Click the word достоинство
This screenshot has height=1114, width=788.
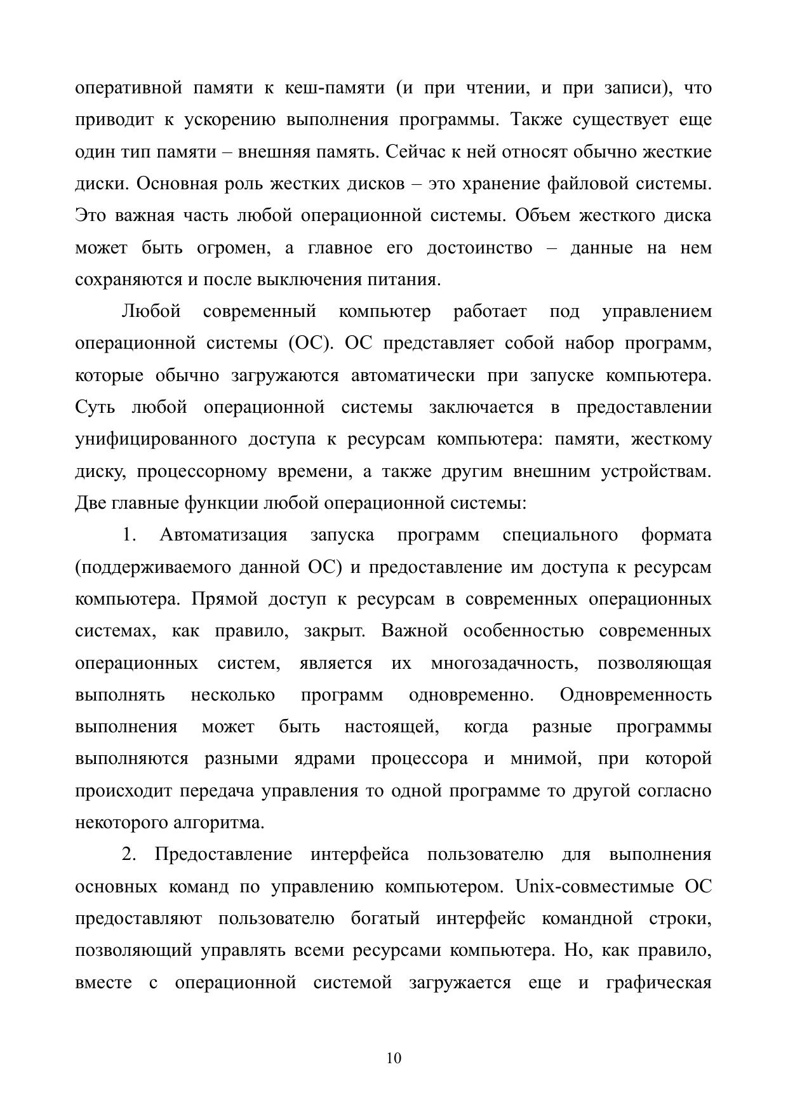tap(479, 248)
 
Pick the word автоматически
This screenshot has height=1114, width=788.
tap(413, 375)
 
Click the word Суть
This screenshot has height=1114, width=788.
tap(95, 407)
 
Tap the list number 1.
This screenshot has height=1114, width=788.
tap(129, 535)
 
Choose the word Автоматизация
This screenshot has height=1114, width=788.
tap(223, 535)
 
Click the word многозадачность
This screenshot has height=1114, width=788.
tap(504, 663)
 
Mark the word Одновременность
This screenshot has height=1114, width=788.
tap(636, 695)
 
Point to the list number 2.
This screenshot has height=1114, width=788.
tap(129, 855)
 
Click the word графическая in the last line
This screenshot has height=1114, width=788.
tap(659, 983)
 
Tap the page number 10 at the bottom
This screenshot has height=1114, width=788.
tap(394, 1058)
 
